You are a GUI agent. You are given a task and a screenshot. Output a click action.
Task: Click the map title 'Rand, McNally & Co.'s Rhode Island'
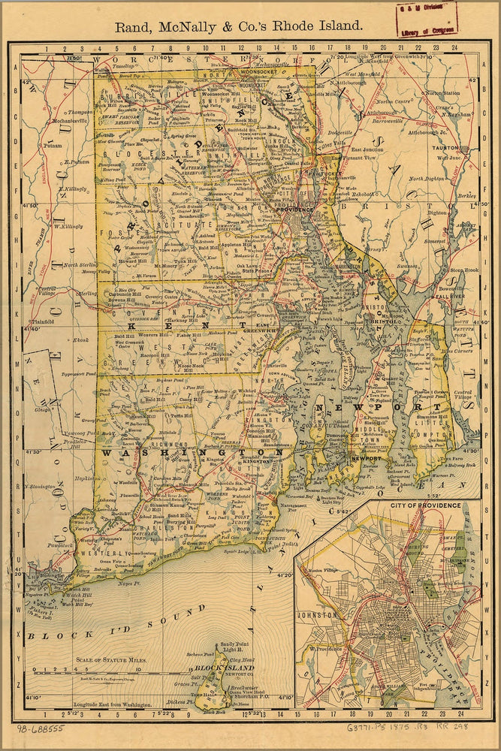tap(238, 25)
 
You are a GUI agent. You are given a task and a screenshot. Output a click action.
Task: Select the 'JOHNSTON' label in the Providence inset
tap(318, 614)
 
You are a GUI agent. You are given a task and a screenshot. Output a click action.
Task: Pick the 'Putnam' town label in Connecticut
tap(53, 146)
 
